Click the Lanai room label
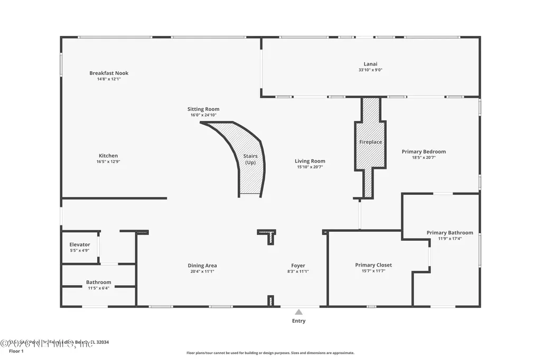370,64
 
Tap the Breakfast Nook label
109,73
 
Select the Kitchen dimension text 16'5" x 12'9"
108,162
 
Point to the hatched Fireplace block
370,143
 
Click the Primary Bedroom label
423,151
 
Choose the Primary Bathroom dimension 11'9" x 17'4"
450,239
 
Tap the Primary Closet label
373,265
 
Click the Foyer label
298,266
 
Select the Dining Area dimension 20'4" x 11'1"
202,271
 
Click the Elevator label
80,244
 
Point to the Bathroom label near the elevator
99,282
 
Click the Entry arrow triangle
299,312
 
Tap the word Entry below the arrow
299,321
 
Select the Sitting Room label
203,109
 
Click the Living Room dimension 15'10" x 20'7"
310,167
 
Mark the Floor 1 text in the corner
16,351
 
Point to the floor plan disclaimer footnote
270,353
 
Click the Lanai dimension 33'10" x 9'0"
370,70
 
